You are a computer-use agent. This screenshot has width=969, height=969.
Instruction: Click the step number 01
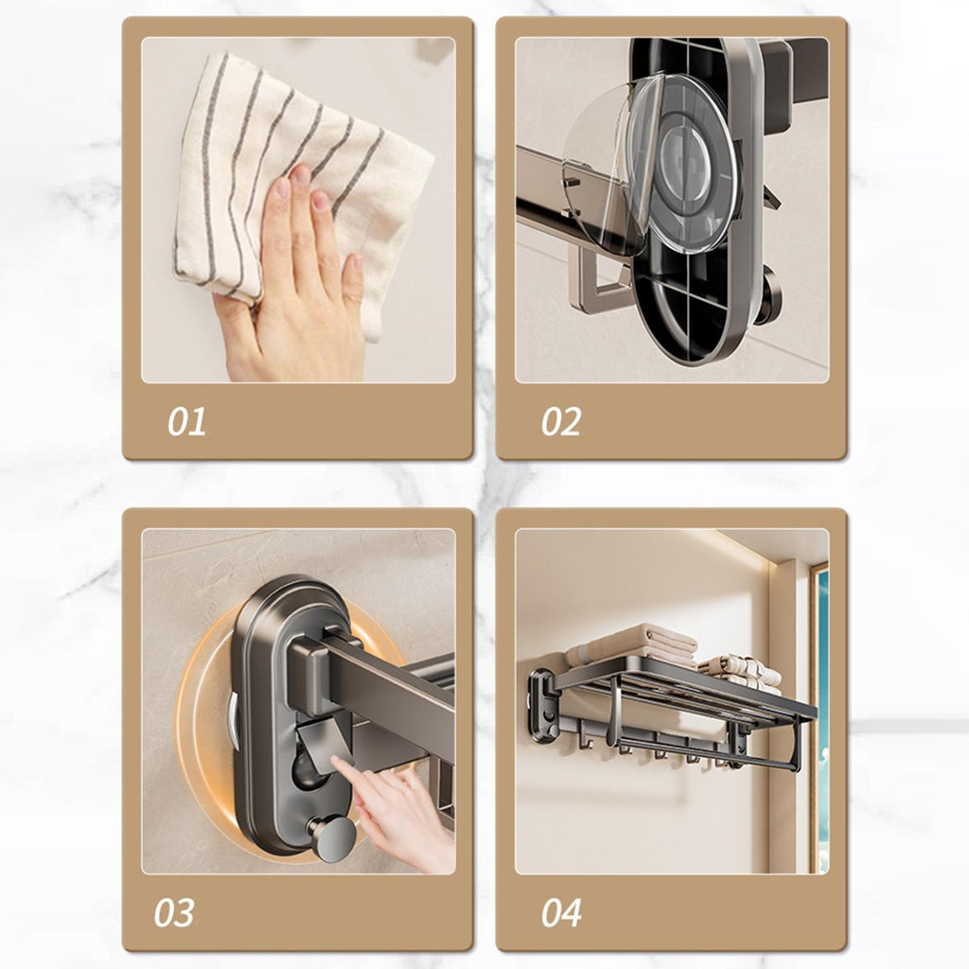coord(186,422)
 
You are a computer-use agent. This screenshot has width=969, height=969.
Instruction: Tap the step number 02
coord(560,422)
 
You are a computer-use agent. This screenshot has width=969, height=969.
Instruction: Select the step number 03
coord(174,913)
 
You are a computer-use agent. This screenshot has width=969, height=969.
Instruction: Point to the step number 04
coord(561,913)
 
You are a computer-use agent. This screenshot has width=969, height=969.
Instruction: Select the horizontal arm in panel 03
coord(383,679)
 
